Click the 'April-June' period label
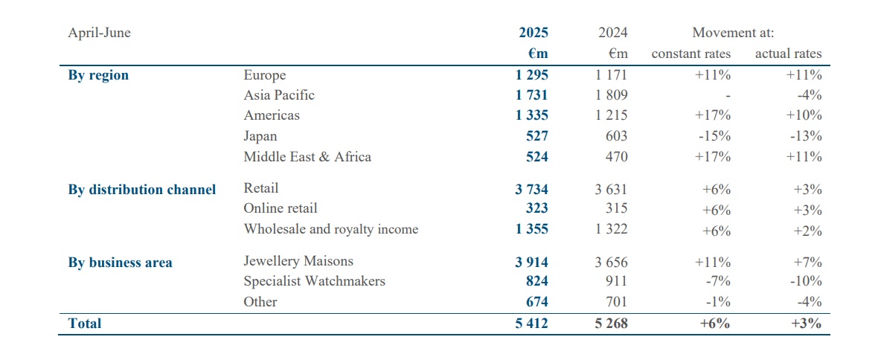[99, 33]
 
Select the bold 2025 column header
[533, 33]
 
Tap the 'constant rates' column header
[690, 54]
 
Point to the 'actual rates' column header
[788, 54]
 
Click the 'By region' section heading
[98, 75]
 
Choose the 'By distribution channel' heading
[142, 190]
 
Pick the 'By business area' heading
[120, 263]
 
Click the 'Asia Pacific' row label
[279, 95]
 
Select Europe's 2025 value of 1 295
[531, 75]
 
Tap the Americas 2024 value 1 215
[611, 115]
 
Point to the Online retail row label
[281, 208]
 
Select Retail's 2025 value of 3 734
[531, 190]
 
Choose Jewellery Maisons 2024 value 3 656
[611, 261]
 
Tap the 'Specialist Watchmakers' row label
[314, 281]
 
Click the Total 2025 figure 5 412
[531, 324]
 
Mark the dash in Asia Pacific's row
[728, 96]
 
